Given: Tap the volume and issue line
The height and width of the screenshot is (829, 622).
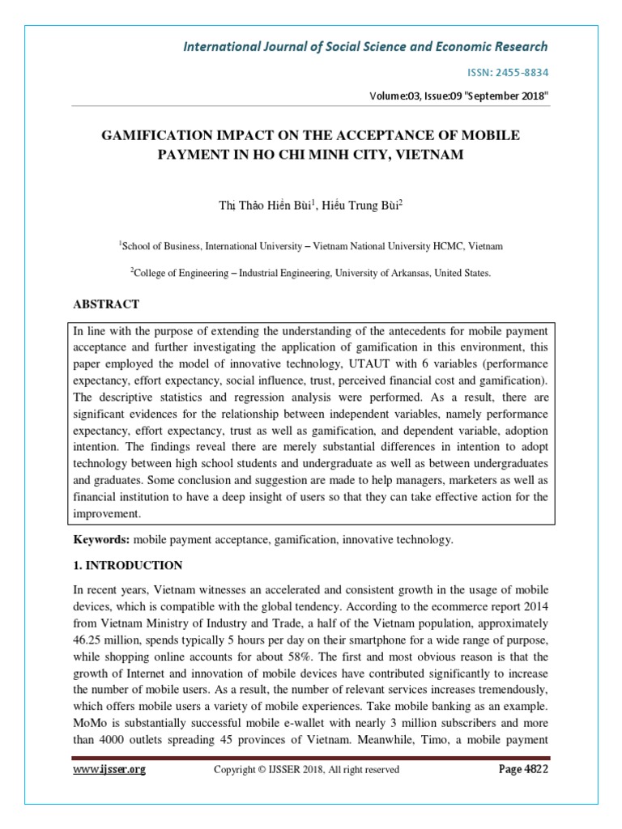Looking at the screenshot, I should (459, 96).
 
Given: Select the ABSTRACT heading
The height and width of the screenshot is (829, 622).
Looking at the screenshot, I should (106, 304).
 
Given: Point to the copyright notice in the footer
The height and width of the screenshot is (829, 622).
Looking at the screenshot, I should (306, 770).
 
